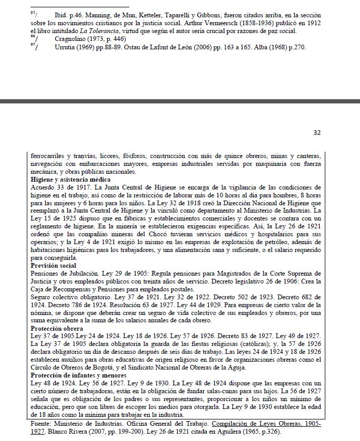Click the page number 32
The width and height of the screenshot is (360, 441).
tap(317, 133)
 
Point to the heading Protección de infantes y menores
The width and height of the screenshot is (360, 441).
tap(78, 375)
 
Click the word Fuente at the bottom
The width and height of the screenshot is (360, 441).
tap(42, 423)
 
